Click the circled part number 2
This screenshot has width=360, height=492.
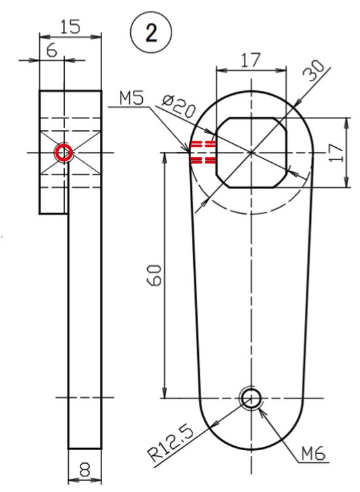pyautogui.click(x=151, y=32)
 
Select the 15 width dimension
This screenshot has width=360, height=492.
pyautogui.click(x=70, y=26)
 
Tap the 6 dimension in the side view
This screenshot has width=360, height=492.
pyautogui.click(x=52, y=50)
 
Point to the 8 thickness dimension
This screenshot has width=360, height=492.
pyautogui.click(x=84, y=470)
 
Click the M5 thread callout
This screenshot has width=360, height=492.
pyautogui.click(x=132, y=98)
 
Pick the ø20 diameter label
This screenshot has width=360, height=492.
pyautogui.click(x=179, y=106)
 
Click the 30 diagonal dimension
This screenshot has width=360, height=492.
pyautogui.click(x=314, y=71)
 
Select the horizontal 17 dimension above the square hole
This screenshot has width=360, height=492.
pyautogui.click(x=251, y=60)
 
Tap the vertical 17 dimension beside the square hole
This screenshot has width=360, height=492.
pyautogui.click(x=336, y=153)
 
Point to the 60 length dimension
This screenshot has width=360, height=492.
pyautogui.click(x=154, y=275)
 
